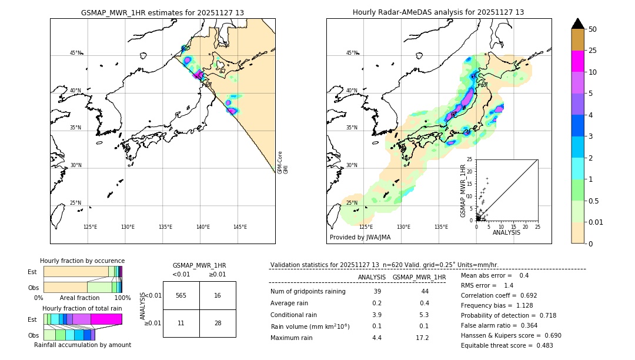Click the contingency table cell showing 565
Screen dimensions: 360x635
pos(181,295)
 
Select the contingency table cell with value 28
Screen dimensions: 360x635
pos(218,324)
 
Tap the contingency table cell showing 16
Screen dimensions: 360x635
pos(218,295)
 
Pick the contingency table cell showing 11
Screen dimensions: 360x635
pos(181,324)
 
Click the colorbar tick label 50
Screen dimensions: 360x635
pos(593,29)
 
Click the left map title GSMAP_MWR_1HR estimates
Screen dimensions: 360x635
pos(162,12)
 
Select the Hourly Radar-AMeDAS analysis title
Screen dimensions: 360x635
pos(438,12)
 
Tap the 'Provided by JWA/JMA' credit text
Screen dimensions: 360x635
pos(360,237)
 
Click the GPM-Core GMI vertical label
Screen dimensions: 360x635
pos(282,162)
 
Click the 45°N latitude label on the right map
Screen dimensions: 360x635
pos(352,53)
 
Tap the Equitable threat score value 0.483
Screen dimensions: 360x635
pos(541,345)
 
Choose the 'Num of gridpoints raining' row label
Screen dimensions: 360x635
pos(308,291)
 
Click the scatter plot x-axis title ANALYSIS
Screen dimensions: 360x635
pos(506,232)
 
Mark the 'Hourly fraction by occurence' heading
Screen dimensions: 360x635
pos(82,261)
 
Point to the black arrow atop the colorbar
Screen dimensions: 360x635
pos(578,24)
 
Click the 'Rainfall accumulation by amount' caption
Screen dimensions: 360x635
pos(82,345)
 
